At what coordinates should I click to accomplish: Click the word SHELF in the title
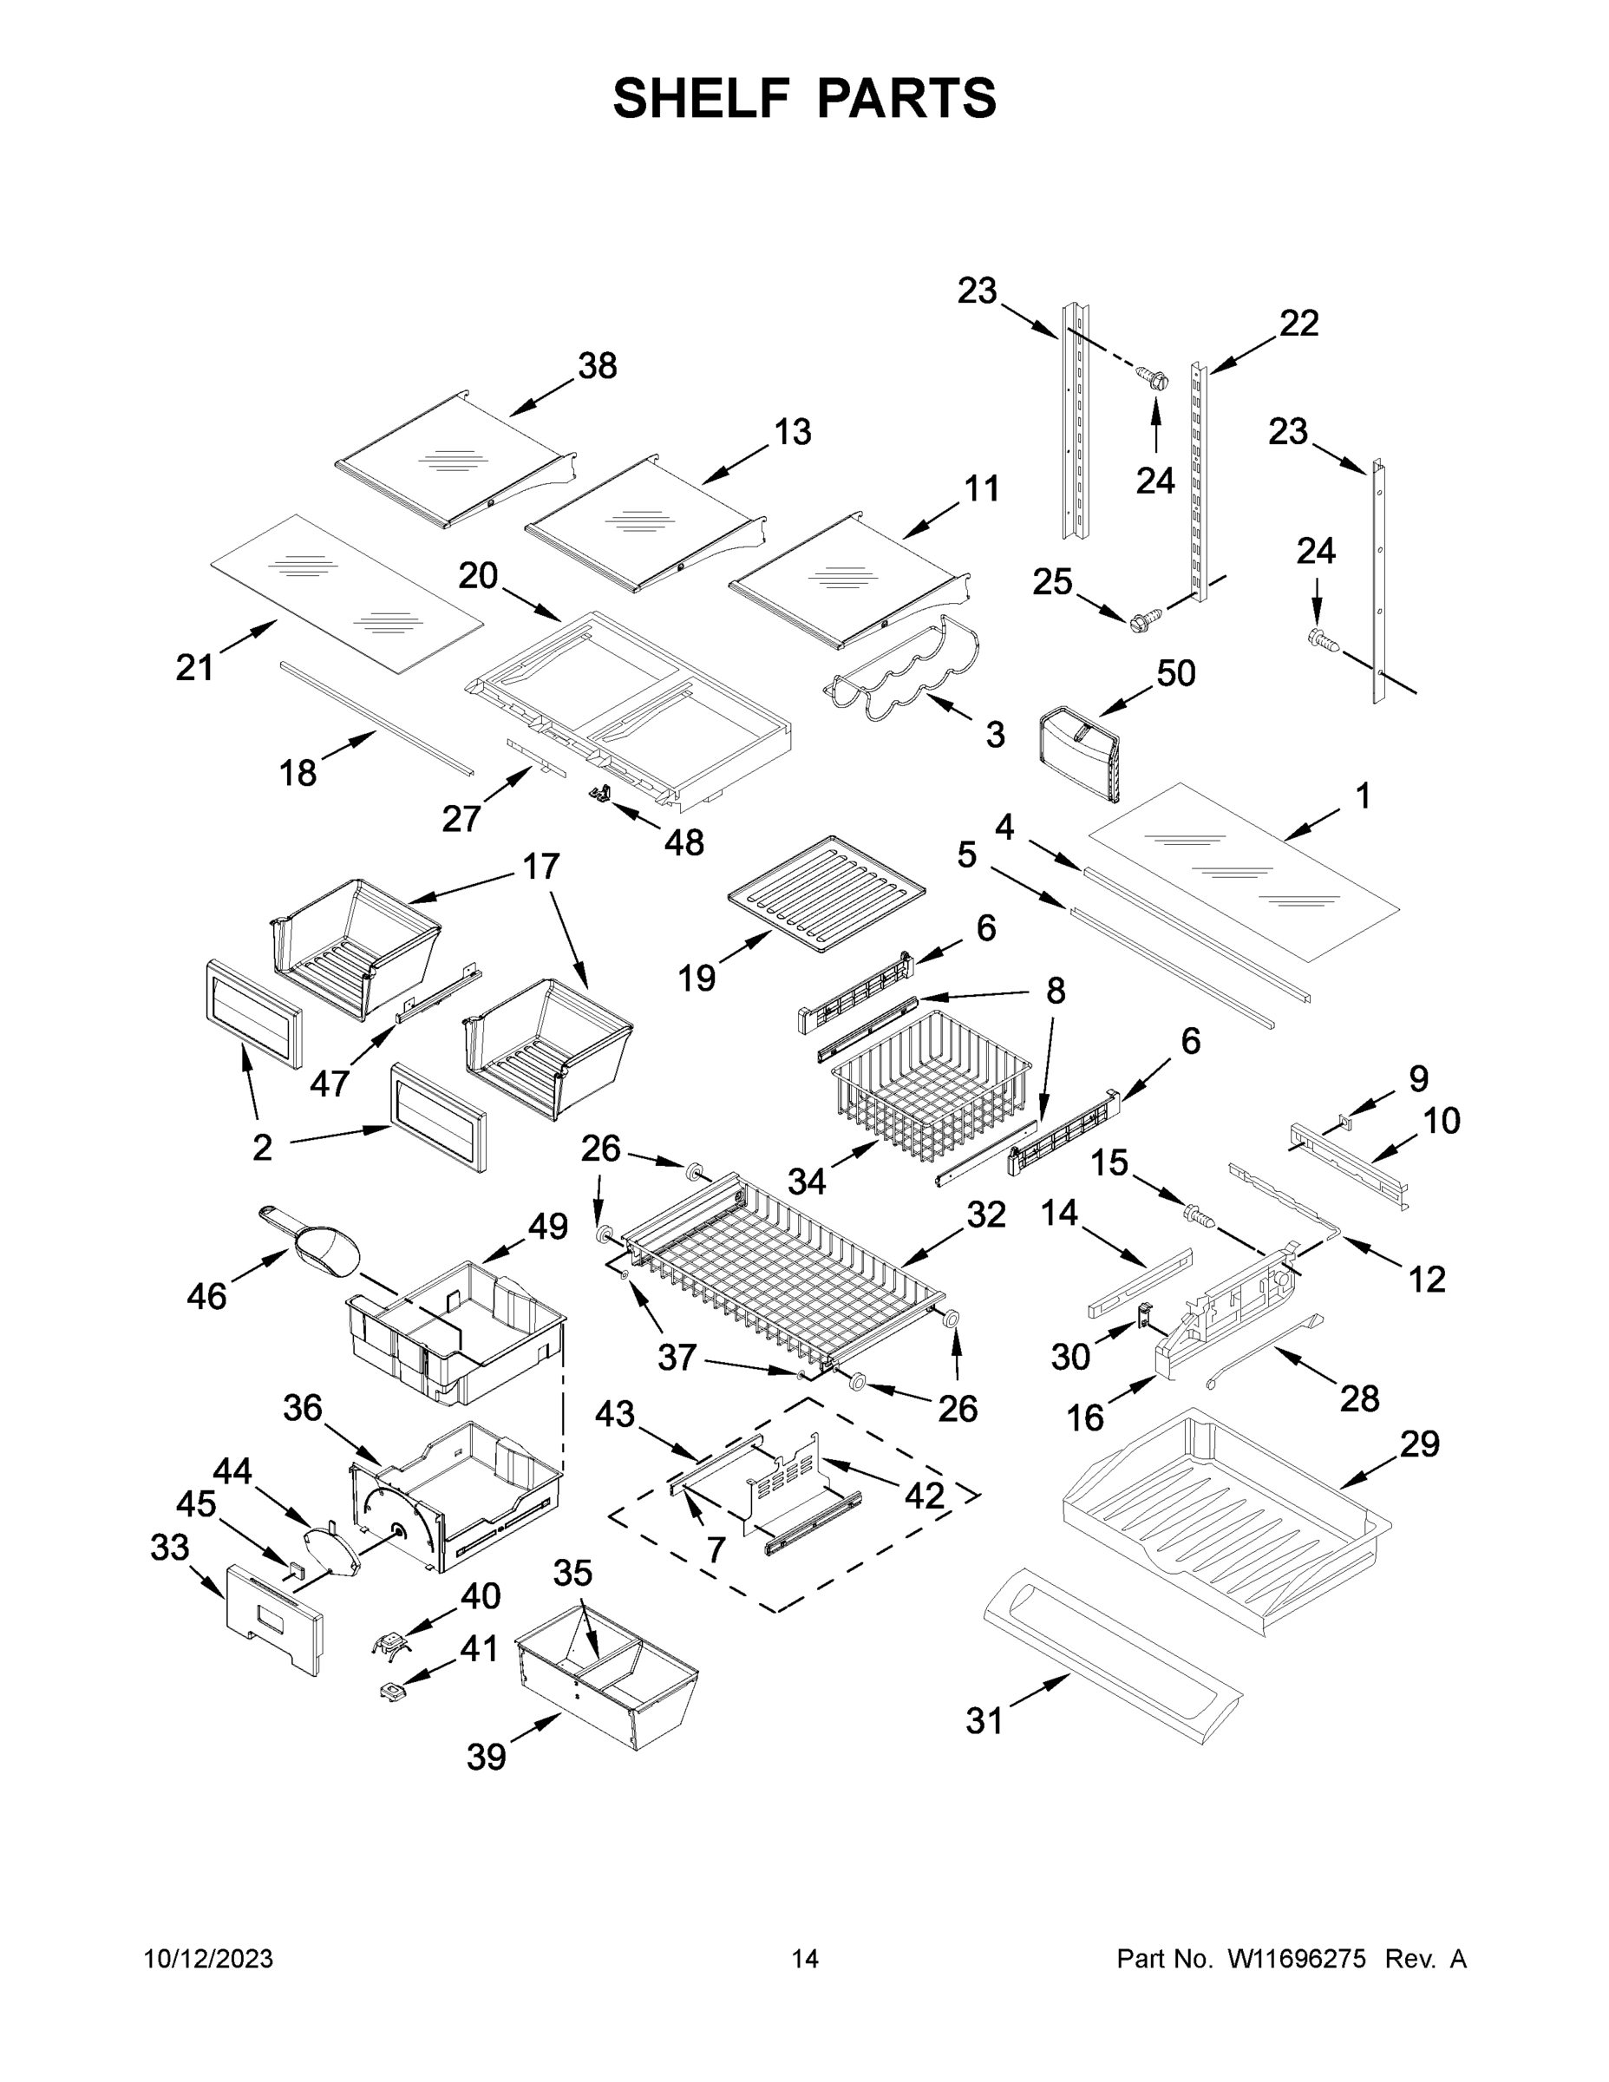[x=702, y=98]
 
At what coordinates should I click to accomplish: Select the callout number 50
[x=1175, y=673]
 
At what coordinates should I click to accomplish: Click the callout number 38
[x=598, y=365]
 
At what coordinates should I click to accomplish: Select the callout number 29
[x=1418, y=1444]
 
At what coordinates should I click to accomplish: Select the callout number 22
[x=1298, y=324]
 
